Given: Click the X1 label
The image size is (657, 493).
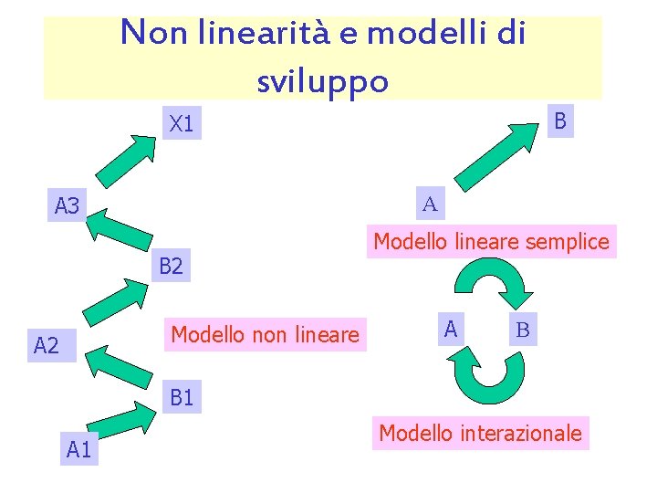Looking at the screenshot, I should [x=182, y=124].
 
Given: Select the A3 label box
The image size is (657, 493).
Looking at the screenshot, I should [x=67, y=207].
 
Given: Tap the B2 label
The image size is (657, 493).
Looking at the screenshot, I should [x=171, y=267].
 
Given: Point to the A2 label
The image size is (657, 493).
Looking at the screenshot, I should [x=46, y=344].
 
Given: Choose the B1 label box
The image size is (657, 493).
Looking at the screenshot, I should [x=181, y=398].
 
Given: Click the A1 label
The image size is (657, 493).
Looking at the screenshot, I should [x=79, y=448].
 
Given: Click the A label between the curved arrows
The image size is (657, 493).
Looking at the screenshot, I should [x=450, y=327].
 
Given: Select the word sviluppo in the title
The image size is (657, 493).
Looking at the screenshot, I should [x=323, y=81].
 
